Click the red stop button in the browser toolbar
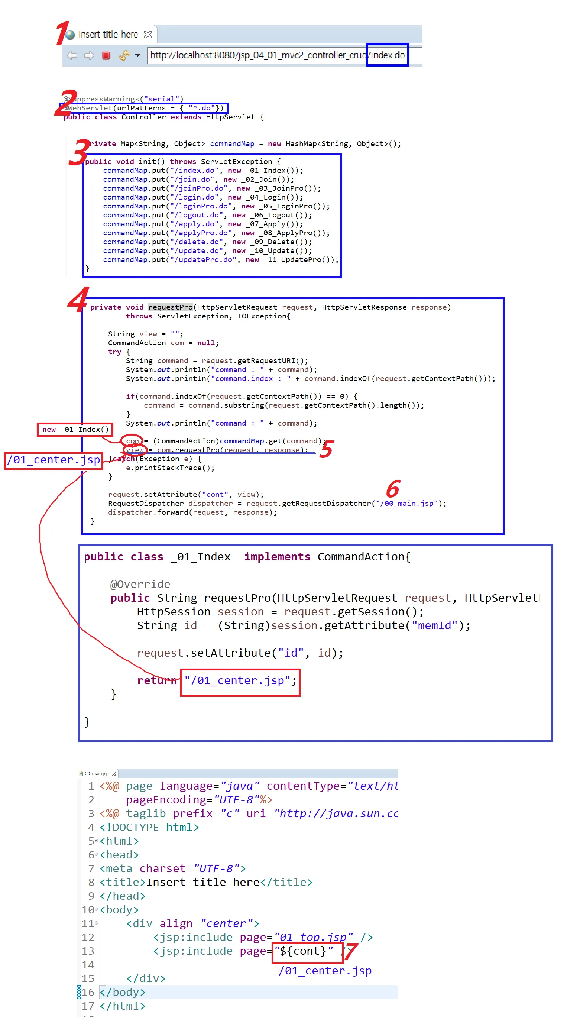click(x=106, y=55)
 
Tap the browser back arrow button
click(x=72, y=55)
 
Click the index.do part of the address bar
click(x=387, y=55)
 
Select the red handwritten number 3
click(x=79, y=152)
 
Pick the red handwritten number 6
click(x=393, y=489)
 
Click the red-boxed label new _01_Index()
click(x=75, y=430)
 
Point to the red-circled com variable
click(x=132, y=441)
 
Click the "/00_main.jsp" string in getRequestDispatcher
click(x=409, y=503)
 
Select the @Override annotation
click(x=140, y=584)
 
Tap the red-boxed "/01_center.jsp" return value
click(x=240, y=681)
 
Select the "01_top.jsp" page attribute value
click(x=313, y=937)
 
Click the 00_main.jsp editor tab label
click(x=97, y=774)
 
